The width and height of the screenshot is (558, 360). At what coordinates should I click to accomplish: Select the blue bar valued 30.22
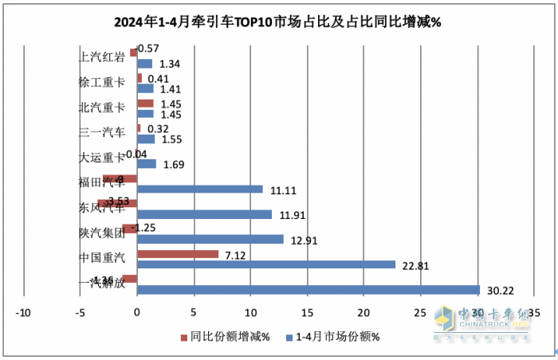[308, 290]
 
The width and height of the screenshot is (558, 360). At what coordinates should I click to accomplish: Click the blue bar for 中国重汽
[266, 264]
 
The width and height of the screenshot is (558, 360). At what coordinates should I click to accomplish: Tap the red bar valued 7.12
[178, 254]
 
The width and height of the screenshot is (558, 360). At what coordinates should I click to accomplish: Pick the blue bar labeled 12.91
[210, 239]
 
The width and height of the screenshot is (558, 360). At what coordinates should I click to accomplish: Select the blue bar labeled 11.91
[205, 214]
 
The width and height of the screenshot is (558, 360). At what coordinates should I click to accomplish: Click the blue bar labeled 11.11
[200, 189]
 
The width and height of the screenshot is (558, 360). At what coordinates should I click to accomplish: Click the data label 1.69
[173, 165]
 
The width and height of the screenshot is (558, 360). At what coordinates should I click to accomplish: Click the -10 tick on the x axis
[24, 311]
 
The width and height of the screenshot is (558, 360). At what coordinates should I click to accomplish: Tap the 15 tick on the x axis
[308, 311]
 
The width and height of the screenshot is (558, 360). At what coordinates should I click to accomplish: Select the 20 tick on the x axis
[364, 311]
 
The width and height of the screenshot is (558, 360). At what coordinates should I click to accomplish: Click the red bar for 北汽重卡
[145, 104]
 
